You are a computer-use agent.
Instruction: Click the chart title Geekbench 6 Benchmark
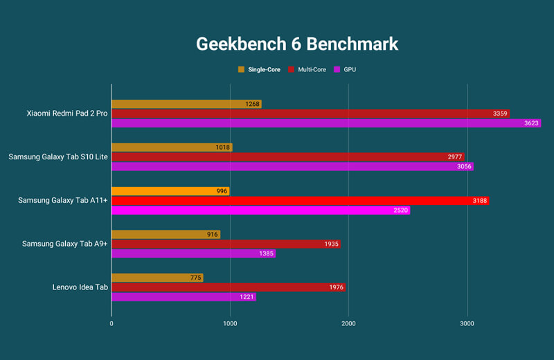[297, 44]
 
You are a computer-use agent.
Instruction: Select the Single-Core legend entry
[260, 70]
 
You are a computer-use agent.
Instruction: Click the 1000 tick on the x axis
[230, 323]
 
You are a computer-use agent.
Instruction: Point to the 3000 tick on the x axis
[467, 323]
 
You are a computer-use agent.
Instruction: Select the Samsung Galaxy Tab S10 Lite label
[58, 157]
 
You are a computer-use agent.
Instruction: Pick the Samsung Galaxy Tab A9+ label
[65, 244]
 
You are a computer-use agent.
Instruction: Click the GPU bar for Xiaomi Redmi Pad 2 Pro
[325, 123]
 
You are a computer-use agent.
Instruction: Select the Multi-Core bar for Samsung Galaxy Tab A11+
[300, 201]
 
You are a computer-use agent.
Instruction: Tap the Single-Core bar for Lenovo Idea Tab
[157, 278]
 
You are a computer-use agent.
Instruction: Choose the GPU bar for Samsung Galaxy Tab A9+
[193, 253]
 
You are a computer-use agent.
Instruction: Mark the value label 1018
[220, 147]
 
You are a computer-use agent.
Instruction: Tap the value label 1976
[333, 288]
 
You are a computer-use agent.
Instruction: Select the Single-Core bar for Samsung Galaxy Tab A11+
[170, 191]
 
